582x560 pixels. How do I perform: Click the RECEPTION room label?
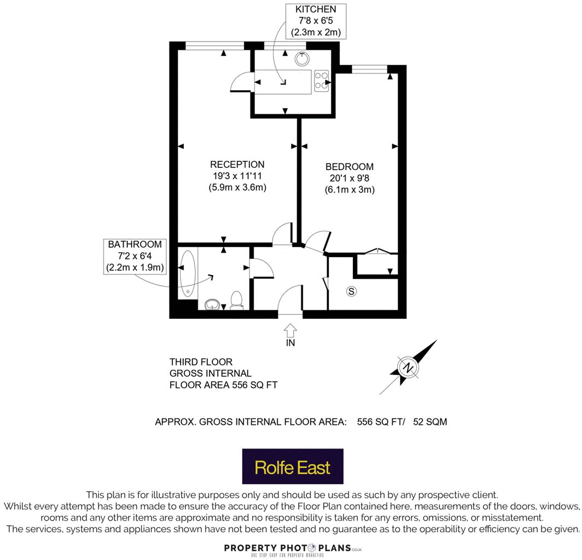coord(237,165)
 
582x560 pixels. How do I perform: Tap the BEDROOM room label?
coord(349,167)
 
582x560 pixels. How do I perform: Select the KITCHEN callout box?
coord(316,21)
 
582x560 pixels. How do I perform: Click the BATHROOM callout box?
coord(135,256)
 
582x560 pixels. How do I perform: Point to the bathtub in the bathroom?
coord(187,274)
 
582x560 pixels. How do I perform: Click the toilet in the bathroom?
coord(236,300)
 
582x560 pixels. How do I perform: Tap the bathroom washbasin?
coord(212,304)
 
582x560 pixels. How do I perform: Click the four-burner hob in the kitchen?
coord(321,81)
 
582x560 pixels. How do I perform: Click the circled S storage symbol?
coord(351,291)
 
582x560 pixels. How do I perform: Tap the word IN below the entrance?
coord(290,343)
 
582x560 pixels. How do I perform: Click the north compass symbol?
coord(408,367)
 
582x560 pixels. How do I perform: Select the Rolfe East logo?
coord(293,467)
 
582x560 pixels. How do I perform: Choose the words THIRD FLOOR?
coord(201,362)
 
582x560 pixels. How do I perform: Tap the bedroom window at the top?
coord(370,69)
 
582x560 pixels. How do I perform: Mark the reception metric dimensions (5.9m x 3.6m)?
coord(237,188)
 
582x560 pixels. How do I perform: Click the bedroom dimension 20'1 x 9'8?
coord(350,178)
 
